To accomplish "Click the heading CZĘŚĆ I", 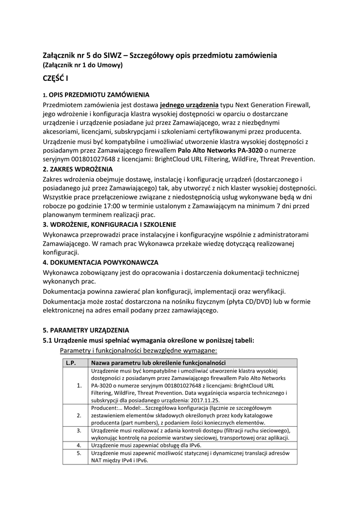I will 56,78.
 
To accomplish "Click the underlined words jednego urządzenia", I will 189,105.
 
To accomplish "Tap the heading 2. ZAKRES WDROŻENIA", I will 78,169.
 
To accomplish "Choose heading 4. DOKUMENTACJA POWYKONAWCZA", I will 101,262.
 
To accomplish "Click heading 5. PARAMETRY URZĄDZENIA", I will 86,330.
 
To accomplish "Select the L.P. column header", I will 70,363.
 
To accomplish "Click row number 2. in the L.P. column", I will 79,415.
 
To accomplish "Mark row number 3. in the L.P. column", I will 79,430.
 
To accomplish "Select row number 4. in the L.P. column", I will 79,445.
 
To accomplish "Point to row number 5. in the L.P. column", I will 79,453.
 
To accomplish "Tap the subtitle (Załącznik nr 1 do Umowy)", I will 83,64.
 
